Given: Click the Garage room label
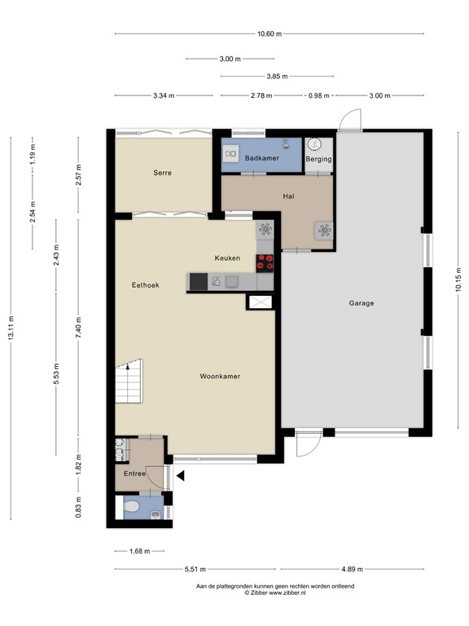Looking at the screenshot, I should tap(362, 303).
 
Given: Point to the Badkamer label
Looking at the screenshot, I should tap(260, 159).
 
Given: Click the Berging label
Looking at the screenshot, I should tap(318, 159).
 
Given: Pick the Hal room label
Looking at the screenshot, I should tap(288, 196).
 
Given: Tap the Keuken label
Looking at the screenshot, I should tap(227, 258).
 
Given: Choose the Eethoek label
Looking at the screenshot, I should tap(146, 285).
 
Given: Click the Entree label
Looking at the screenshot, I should tap(134, 474).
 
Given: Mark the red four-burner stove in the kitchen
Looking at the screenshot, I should tap(265, 262).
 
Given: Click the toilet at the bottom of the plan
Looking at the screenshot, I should tap(131, 508).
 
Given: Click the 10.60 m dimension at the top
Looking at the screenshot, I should tap(269, 33).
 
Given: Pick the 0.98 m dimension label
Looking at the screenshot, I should tap(318, 95).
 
